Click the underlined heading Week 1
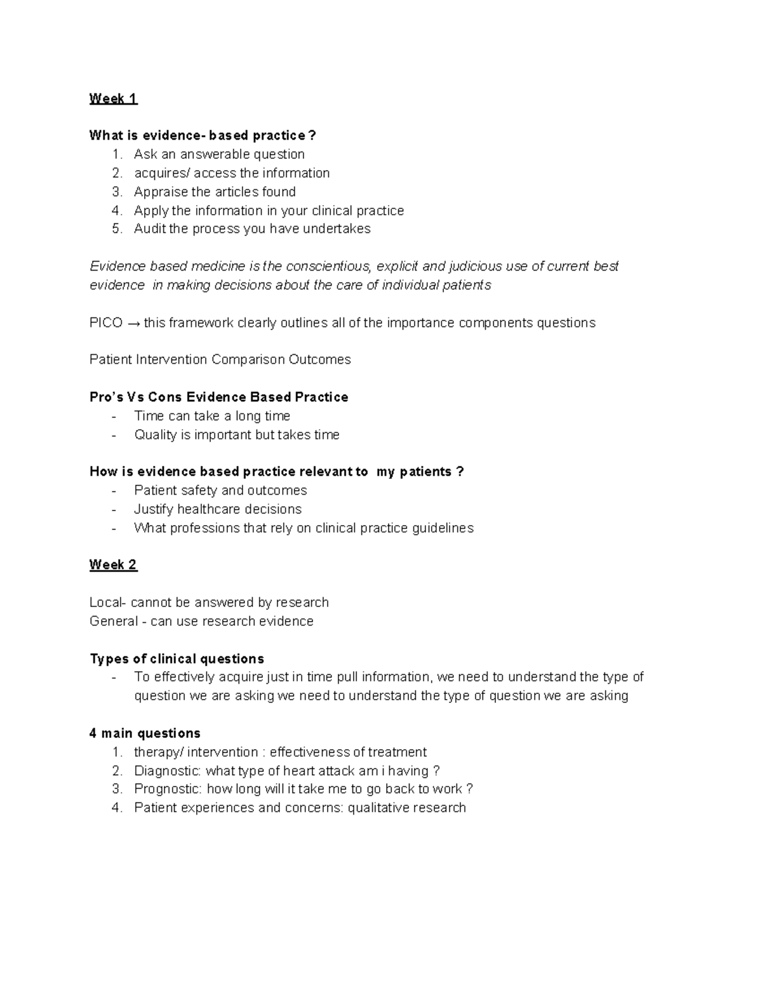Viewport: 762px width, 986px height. tap(113, 98)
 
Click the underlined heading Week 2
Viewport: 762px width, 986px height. tap(113, 565)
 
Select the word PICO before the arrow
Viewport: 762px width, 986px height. tap(106, 323)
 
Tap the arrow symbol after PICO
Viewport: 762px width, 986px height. tap(133, 323)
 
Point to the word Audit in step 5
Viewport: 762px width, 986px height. tap(149, 229)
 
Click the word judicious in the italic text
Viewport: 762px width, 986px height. tap(474, 267)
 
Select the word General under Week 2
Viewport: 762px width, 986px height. tap(114, 621)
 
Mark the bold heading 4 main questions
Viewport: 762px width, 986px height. tap(145, 734)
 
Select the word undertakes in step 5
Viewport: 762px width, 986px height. tap(337, 229)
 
